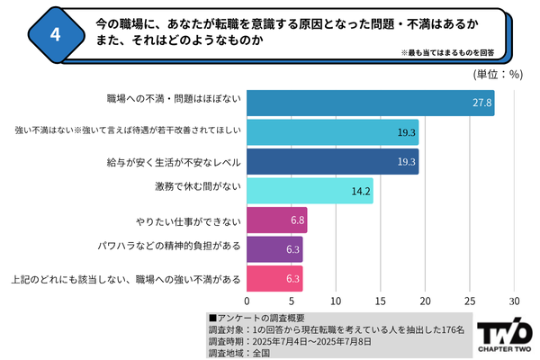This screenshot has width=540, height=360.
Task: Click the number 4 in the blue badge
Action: [56, 35]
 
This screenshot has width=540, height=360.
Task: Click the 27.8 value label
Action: [481, 103]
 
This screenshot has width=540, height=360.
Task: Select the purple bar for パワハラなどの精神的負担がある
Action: [274, 248]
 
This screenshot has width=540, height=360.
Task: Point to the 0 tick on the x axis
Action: [247, 301]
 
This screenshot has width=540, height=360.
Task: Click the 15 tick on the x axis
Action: [381, 301]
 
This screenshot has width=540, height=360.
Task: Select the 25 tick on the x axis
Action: [470, 301]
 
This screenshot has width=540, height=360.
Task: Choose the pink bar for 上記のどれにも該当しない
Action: [274, 278]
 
